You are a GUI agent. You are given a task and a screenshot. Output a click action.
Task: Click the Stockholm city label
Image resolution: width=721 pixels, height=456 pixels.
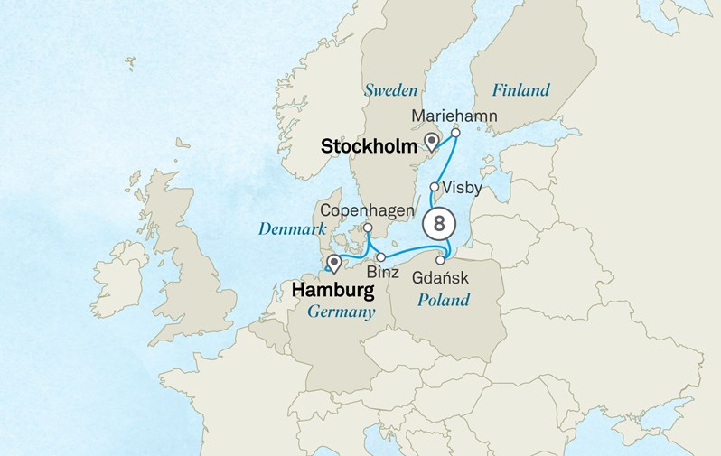(x=369, y=145)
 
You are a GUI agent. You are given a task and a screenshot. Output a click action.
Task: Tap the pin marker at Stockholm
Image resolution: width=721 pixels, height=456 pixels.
(x=432, y=141)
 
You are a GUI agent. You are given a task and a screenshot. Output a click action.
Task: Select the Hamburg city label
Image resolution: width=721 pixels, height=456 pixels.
(x=332, y=291)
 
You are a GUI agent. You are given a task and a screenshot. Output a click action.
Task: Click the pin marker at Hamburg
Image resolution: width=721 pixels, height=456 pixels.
(x=334, y=264)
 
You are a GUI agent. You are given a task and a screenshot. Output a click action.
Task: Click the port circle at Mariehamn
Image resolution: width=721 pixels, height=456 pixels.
(x=456, y=133)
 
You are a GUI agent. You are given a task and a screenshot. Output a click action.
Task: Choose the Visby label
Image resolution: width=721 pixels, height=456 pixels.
(x=463, y=189)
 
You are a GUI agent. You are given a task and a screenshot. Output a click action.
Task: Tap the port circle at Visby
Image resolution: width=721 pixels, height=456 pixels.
(x=435, y=187)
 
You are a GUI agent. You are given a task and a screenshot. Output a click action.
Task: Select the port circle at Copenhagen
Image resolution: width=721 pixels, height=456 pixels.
(x=369, y=228)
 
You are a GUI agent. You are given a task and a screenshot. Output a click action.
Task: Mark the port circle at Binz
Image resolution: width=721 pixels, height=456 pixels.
(x=381, y=257)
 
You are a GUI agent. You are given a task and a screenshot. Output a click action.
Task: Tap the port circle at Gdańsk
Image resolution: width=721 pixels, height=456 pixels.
(x=441, y=260)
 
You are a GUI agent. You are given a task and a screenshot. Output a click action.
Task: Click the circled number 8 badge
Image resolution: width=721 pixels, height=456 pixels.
(x=438, y=221)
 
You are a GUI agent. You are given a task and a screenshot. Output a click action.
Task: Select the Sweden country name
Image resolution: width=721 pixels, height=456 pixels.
(x=390, y=90)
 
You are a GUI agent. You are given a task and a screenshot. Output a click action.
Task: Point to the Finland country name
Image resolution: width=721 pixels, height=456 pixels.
(x=520, y=90)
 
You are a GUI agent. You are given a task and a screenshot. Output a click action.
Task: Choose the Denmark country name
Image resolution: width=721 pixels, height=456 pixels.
(x=292, y=229)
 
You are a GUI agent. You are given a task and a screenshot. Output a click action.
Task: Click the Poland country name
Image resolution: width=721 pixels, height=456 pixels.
(x=443, y=299)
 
